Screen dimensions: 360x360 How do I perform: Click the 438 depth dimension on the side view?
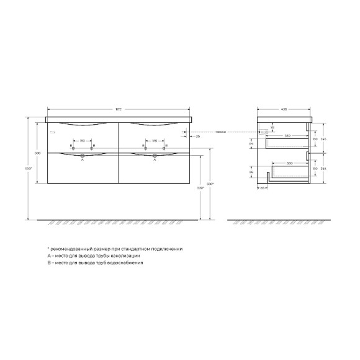click(284, 109)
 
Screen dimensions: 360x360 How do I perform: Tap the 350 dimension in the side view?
click(287, 135)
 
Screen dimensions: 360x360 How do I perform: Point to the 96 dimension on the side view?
click(250, 172)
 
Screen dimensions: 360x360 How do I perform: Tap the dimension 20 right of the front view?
click(197, 135)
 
